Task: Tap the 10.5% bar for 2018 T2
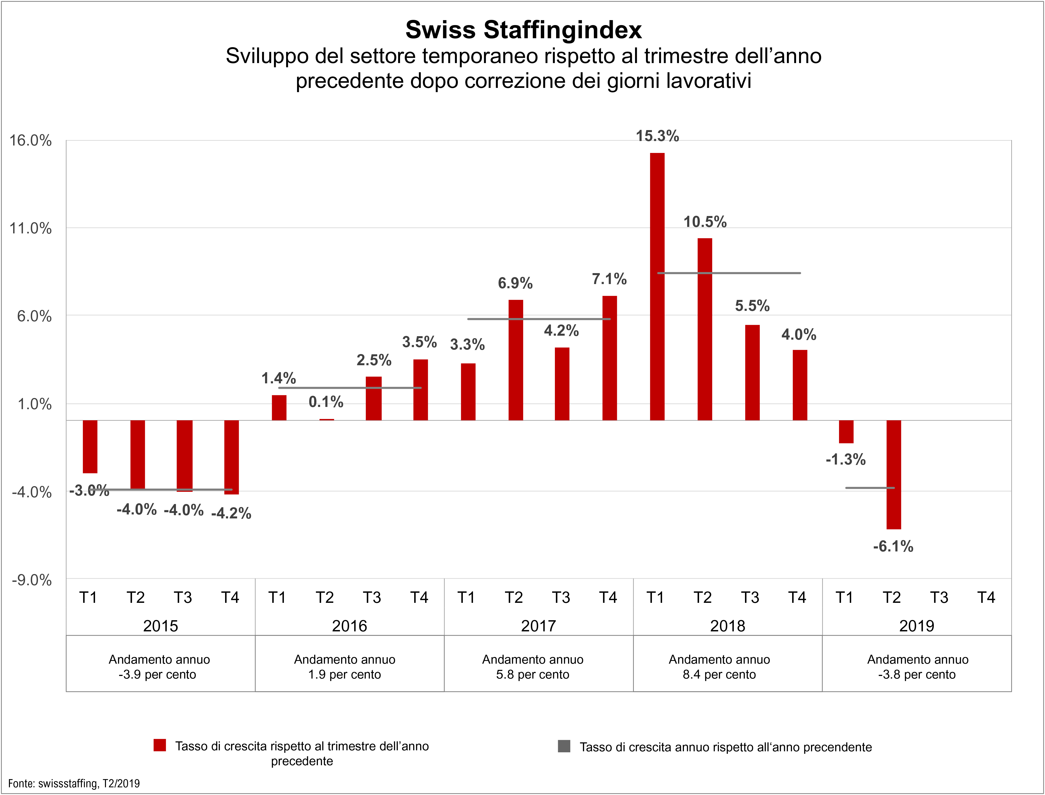(705, 329)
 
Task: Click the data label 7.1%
(609, 279)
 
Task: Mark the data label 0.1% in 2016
(326, 402)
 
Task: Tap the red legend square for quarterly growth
(160, 745)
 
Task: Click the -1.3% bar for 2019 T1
(846, 432)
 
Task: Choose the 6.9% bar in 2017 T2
(515, 360)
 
